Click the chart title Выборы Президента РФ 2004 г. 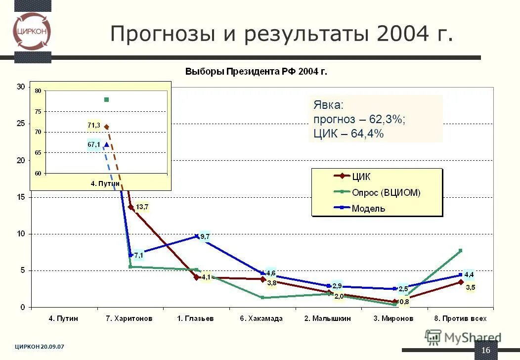256,72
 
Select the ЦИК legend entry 360,177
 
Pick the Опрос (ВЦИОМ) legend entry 386,193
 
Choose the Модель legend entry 368,208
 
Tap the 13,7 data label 142,207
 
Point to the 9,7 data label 205,237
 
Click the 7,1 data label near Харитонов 138,255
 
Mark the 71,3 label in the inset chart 93,126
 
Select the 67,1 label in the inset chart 93,144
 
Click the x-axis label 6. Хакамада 261,318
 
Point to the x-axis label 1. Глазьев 196,318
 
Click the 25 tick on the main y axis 20,124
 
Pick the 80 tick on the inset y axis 38,91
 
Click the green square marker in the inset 106,100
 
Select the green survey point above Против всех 460,251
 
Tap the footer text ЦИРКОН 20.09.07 39,347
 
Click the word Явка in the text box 328,105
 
